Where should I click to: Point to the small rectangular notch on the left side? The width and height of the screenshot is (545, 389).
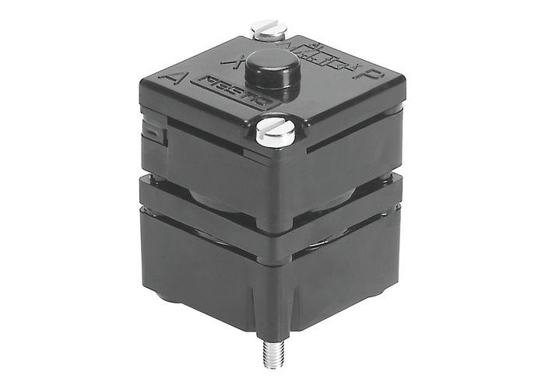[x=156, y=135]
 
